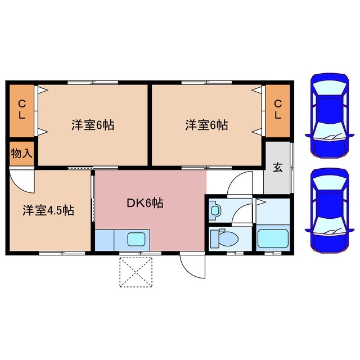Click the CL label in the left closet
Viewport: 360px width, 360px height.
coord(21,109)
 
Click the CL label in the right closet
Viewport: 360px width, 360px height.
coord(277,109)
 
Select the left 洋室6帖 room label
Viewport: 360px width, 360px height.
coord(93,125)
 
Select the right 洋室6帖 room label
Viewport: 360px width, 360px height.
coord(206,125)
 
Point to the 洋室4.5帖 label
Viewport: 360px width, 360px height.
coord(48,210)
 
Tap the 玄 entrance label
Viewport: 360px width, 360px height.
coord(278,168)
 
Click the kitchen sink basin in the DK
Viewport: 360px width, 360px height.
coord(137,239)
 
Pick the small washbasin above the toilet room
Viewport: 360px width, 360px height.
coord(216,211)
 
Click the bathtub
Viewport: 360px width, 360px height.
coord(273,239)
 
